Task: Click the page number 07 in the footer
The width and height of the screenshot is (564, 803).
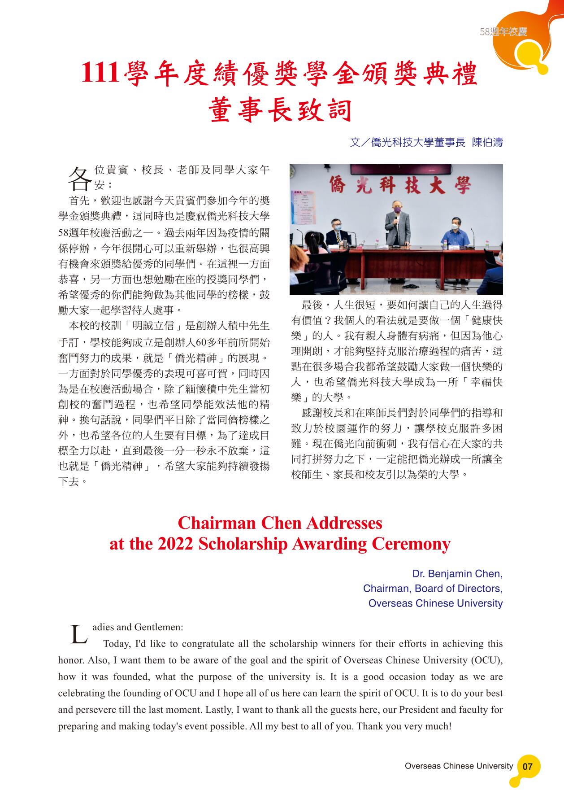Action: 528,766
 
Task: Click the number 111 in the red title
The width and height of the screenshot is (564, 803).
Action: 100,73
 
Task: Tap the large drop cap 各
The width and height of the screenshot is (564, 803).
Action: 78,179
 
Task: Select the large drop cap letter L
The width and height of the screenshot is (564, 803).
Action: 79,634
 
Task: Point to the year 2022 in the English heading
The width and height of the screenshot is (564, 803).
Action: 176,544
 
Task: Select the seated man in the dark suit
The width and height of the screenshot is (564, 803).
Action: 335,231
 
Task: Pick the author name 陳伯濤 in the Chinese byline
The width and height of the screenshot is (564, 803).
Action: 487,143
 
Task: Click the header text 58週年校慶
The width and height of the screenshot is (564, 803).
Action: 503,32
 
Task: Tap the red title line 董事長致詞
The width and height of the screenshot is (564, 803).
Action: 280,110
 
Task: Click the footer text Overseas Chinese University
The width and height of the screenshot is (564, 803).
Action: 458,766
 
